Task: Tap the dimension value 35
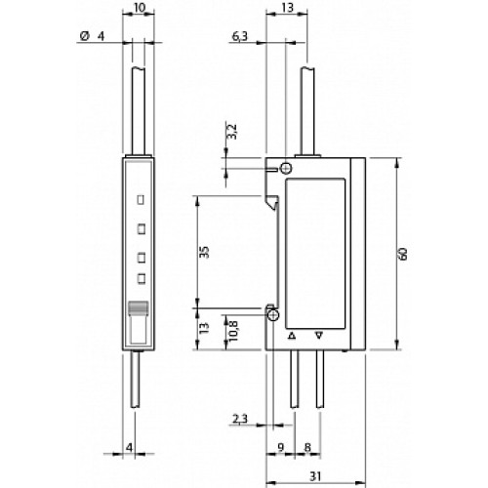[x=204, y=252]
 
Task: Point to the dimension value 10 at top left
[x=141, y=9]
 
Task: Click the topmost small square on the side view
[x=142, y=200]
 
